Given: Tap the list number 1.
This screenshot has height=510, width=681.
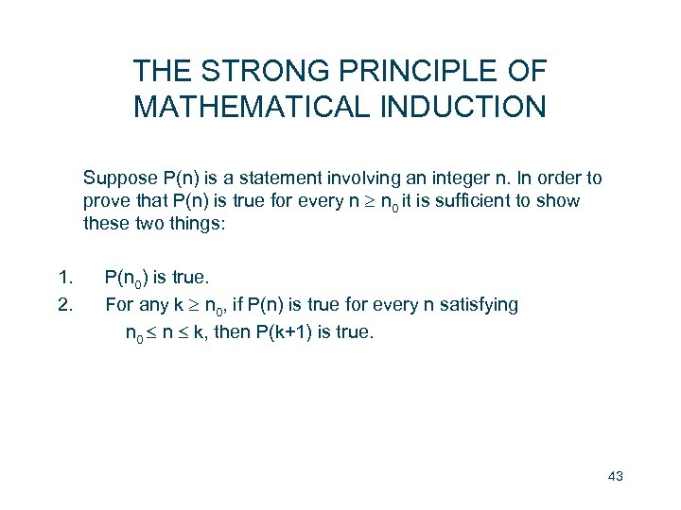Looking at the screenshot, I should pyautogui.click(x=64, y=278).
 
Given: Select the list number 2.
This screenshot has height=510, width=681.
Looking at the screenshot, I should pyautogui.click(x=64, y=304).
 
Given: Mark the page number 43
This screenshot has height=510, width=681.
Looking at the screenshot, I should pyautogui.click(x=615, y=475).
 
